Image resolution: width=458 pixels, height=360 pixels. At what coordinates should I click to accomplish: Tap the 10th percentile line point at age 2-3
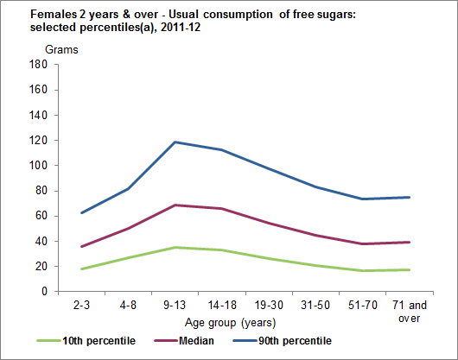coord(81,269)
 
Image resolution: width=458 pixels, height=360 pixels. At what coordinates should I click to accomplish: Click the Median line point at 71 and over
coord(409,242)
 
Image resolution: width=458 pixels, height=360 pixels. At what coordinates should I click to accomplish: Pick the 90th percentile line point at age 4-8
coord(129,188)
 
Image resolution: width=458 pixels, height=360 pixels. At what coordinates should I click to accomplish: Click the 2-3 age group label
coord(81,306)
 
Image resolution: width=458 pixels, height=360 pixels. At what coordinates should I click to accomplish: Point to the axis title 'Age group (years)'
coord(235,323)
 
